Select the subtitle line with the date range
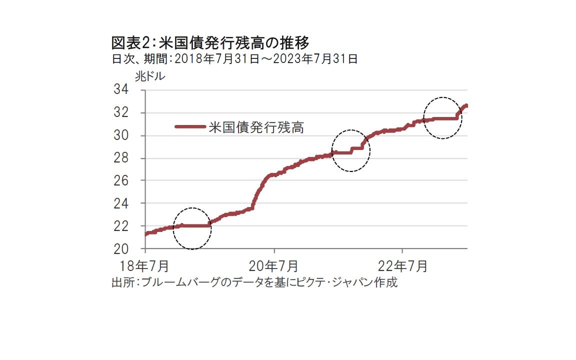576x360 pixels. pyautogui.click(x=234, y=59)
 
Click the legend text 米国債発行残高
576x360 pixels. pyautogui.click(x=256, y=127)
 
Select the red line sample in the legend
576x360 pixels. pyautogui.click(x=189, y=127)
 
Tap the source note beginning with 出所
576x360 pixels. pyautogui.click(x=254, y=282)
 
